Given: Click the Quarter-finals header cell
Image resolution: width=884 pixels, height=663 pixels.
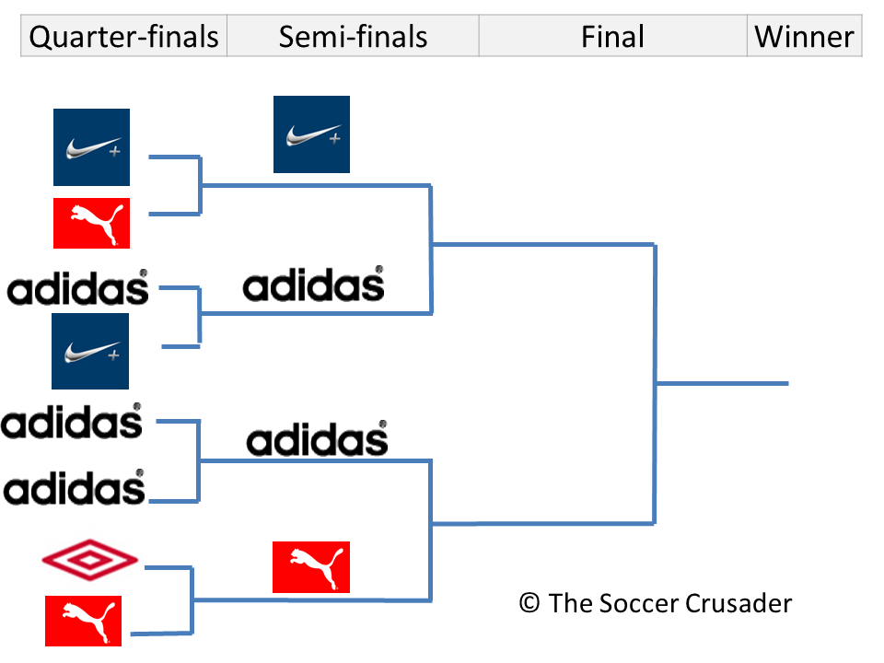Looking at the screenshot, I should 124,37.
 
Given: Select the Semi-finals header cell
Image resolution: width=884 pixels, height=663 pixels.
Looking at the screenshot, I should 353,37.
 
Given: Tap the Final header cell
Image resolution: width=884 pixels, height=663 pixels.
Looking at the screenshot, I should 612,37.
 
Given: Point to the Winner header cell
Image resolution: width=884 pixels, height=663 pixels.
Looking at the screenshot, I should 804,37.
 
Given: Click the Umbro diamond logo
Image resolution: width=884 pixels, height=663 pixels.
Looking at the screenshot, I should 90,559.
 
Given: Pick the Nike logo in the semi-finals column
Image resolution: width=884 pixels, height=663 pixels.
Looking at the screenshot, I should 311,134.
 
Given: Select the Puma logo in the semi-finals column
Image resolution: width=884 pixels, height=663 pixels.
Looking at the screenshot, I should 311,566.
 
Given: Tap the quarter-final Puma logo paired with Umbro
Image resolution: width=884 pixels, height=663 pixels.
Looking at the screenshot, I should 83,620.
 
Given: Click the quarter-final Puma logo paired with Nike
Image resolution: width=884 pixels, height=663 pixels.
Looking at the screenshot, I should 91,223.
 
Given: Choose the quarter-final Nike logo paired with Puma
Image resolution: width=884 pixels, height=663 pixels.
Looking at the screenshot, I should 91,147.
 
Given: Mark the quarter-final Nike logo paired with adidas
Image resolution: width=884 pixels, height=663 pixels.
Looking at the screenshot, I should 90,351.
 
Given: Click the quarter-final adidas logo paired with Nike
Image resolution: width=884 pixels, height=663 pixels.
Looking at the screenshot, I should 78,288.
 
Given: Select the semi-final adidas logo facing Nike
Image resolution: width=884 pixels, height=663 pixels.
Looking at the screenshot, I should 313,285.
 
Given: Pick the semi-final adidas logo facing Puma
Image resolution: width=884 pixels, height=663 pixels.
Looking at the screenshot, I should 317,439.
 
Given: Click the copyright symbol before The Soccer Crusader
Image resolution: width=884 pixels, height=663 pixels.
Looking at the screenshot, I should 529,603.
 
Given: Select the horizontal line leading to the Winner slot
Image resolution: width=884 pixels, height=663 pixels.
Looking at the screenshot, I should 722,383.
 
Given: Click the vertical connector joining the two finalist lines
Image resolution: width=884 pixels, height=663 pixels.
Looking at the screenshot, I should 655,383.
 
